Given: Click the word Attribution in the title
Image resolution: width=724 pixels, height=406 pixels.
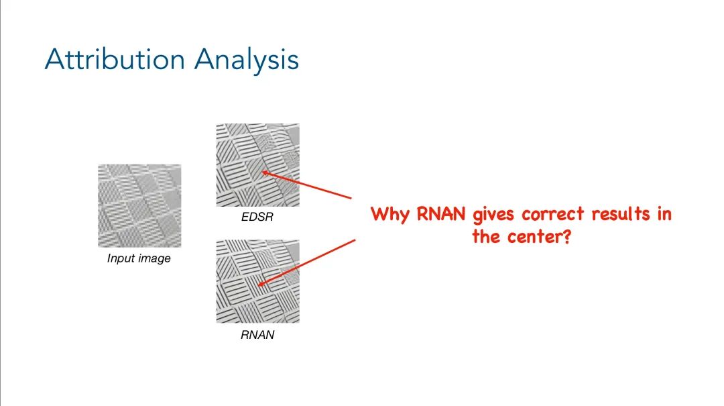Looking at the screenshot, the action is coord(115,60).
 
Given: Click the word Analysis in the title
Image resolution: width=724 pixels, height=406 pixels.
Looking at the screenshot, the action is coord(247,60).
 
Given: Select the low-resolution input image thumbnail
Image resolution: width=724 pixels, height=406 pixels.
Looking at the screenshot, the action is coord(139,206).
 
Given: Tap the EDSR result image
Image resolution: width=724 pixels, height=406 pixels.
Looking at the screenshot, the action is coord(257,165).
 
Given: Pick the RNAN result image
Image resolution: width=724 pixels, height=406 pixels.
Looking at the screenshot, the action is coord(257,281).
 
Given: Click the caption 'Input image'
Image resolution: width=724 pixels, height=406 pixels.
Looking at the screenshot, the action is coord(139,258).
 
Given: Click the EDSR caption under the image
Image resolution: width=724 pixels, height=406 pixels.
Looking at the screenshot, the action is coord(257,217).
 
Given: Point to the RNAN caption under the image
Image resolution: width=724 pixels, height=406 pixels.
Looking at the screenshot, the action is coord(257,335).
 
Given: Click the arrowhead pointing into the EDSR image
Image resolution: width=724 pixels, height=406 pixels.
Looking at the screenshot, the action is coord(263,172).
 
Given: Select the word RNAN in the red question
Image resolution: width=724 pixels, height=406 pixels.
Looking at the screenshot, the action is coord(436,215).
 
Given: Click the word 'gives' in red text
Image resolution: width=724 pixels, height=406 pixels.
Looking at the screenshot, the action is coord(493,215).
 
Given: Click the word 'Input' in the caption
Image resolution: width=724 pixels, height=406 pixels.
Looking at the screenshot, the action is coord(121,258).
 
